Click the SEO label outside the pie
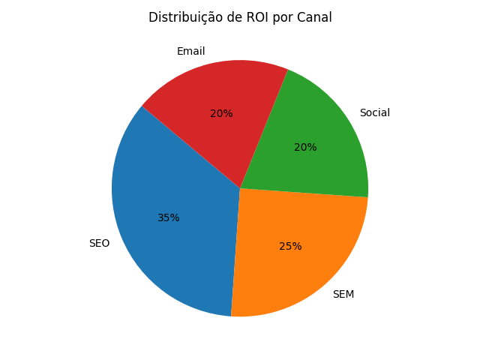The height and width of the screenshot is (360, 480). click(99, 244)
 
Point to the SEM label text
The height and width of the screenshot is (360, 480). click(343, 295)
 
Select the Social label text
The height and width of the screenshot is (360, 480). click(374, 113)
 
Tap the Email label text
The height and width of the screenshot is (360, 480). click(190, 52)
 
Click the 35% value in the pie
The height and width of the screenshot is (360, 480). click(169, 218)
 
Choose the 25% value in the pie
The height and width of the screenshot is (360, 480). click(290, 247)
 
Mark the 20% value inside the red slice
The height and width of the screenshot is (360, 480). click(221, 114)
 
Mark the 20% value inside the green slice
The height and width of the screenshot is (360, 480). click(305, 148)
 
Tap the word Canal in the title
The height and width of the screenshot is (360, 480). click(315, 17)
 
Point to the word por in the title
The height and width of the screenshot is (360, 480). click(280, 18)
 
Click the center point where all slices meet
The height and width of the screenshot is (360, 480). click(240, 188)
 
